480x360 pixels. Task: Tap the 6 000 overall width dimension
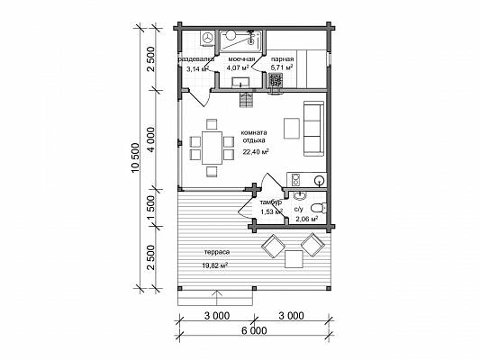coord(254,330)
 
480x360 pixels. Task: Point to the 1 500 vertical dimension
coord(151,208)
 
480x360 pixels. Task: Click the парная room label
coord(282,59)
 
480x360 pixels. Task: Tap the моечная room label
coord(241,59)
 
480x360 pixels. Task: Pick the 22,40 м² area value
coord(256,152)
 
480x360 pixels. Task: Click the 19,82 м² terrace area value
coord(214,265)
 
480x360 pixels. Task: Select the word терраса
coord(217,252)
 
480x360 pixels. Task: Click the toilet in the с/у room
coord(319,208)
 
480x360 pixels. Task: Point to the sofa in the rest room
coord(313,129)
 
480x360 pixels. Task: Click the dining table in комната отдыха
coord(212,148)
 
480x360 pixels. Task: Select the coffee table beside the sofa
coord(292,129)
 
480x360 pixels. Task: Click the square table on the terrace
coord(294,259)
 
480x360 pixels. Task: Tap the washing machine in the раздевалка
coord(208,39)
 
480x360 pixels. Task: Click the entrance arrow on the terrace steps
coord(216,298)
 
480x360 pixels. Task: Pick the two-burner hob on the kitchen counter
coord(295,180)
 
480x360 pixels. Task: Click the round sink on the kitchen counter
coord(320,180)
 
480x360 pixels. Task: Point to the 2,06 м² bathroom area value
coord(306,219)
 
